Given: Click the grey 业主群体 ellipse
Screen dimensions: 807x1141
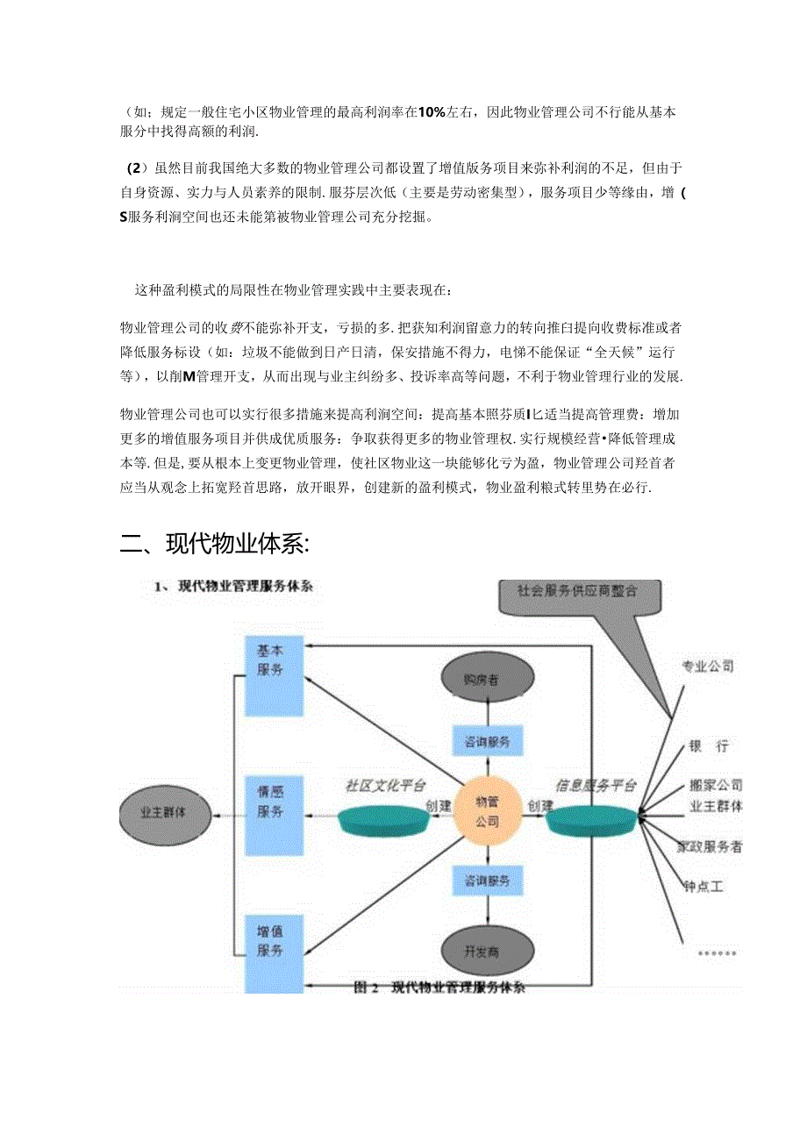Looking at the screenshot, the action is (164, 812).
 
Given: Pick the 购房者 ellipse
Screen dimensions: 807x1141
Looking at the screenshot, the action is (487, 678).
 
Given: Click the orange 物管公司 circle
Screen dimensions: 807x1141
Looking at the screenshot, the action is (487, 811).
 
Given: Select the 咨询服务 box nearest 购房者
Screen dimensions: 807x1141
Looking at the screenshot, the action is (487, 742).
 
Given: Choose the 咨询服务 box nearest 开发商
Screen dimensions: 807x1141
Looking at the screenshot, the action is (487, 880).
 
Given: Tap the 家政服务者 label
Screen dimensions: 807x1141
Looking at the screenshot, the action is (710, 847).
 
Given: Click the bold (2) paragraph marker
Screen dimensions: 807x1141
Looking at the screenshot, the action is (133, 168).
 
